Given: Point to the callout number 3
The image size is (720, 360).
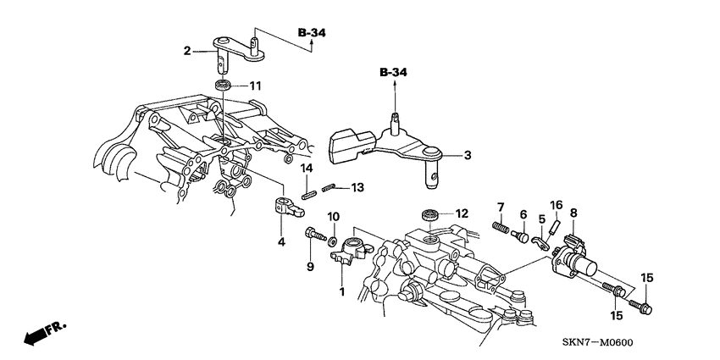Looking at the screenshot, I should [467, 156].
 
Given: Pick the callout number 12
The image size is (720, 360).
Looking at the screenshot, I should [461, 214].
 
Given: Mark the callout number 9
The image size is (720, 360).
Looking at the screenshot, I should [311, 267].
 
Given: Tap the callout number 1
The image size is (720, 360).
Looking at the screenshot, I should [342, 292].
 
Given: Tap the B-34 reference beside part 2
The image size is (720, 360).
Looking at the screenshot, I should [311, 33].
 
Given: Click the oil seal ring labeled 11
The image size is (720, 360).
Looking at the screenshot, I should [224, 85].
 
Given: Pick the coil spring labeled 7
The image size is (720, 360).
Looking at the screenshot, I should [500, 227].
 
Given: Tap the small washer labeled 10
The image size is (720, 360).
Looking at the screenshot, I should [333, 241].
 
